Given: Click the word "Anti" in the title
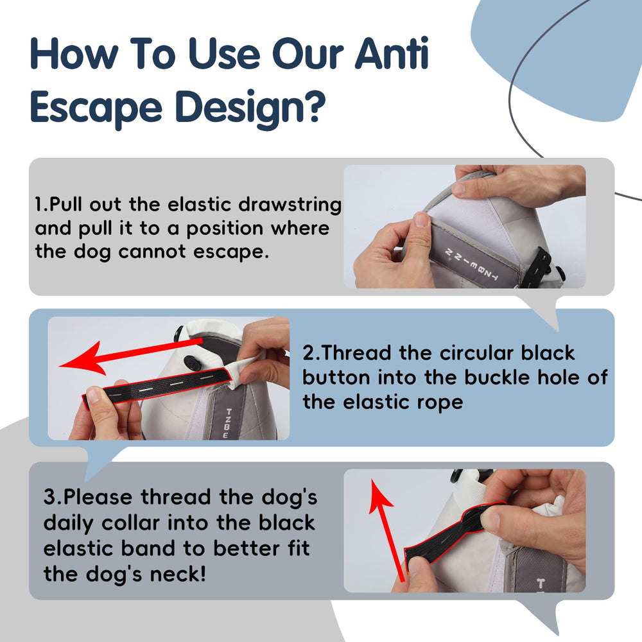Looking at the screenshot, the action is click(392, 53).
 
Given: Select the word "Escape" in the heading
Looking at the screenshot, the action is click(96, 108).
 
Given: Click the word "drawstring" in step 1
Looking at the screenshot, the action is click(290, 205).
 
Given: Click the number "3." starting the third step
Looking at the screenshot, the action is click(53, 498).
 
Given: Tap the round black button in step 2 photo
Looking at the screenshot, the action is click(191, 362).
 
